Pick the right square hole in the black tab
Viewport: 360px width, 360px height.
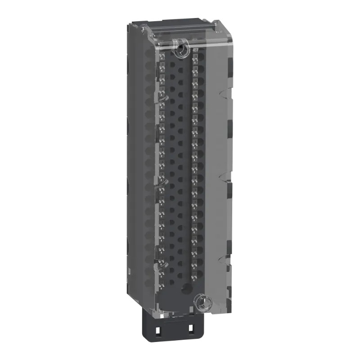point(191,329)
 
